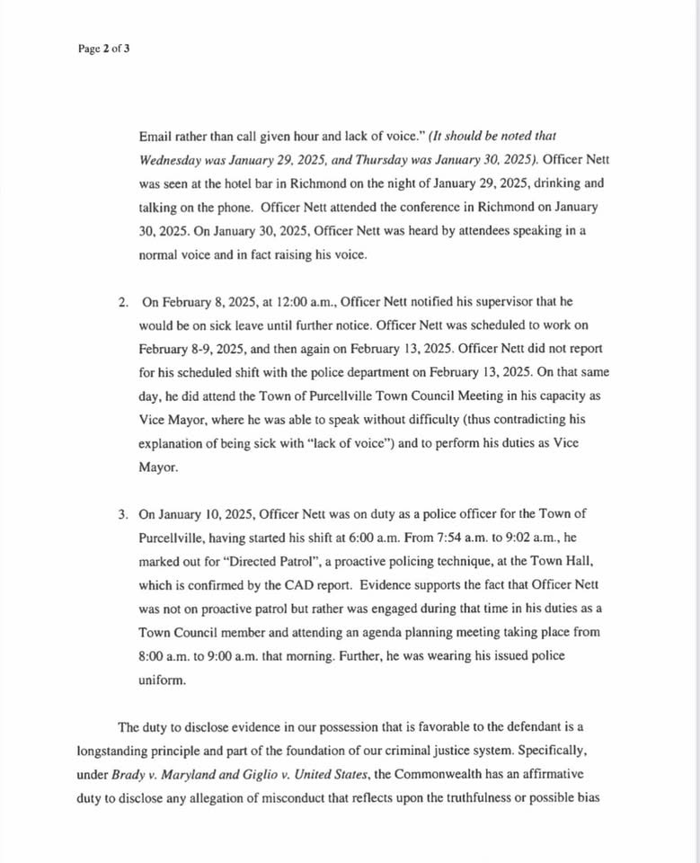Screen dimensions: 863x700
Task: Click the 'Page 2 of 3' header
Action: (104, 49)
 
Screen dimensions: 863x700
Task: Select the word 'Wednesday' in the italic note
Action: (171, 160)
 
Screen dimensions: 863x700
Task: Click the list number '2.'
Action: (123, 302)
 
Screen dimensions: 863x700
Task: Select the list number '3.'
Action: (123, 514)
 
